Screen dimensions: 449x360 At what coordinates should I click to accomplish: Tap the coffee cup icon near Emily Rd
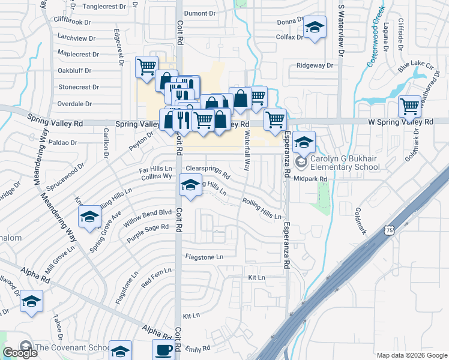pos(163,349)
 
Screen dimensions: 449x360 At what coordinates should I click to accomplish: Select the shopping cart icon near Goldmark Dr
pos(409,106)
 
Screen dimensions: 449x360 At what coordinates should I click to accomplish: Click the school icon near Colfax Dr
pos(314,28)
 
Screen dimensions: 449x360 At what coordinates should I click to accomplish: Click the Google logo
pos(20,353)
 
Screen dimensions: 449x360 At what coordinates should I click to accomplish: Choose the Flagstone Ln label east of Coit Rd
pos(204,257)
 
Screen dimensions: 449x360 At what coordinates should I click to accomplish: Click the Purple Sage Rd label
pos(148,233)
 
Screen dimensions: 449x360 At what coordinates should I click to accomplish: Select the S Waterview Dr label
pos(341,29)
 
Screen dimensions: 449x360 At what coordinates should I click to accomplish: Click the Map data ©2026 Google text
pos(411,355)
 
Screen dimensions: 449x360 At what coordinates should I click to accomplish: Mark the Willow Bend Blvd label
pos(148,218)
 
